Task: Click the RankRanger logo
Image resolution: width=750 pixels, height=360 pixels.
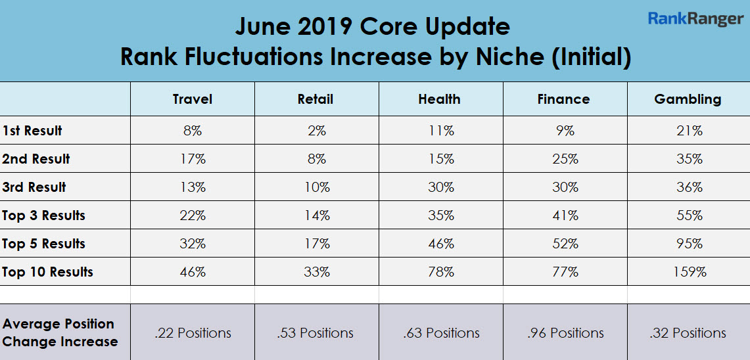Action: coord(695,18)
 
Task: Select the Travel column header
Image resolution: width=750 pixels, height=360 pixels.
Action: coord(193,99)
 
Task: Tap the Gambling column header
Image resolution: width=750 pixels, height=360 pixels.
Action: coord(688,99)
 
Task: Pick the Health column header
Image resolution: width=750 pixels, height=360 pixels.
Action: coord(439,99)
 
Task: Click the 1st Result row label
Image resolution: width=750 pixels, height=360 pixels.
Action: coord(32,131)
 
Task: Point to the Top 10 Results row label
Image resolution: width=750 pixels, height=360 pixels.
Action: coord(47,272)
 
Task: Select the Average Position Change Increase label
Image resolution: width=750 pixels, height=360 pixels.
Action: coord(59,332)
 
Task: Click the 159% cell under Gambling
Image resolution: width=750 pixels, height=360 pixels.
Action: coord(689,272)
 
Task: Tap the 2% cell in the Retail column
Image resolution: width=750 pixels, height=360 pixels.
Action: coord(316,131)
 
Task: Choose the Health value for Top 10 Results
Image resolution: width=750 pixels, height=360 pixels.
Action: coord(440,272)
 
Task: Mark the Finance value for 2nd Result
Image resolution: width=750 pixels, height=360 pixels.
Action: coord(565,159)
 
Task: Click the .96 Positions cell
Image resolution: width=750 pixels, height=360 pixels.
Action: coord(565,333)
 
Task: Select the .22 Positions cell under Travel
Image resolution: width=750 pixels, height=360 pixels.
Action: coord(193,333)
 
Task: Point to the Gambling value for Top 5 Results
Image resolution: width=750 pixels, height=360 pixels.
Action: coord(689,244)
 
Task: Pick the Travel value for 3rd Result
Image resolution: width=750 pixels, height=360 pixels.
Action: coord(193,187)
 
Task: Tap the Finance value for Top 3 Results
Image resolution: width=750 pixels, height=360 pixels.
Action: coord(565,215)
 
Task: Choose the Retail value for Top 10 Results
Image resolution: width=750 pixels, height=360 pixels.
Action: coord(316,272)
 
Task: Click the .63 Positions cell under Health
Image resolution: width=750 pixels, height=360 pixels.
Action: coord(441,333)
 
